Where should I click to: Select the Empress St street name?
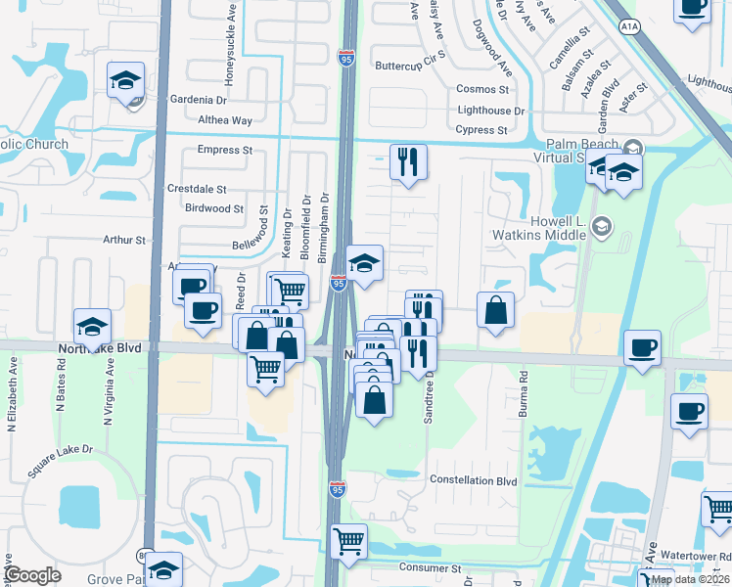(x=224, y=151)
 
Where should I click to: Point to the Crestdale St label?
(x=197, y=189)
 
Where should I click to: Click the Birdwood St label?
(x=214, y=208)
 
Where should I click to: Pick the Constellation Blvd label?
(x=474, y=480)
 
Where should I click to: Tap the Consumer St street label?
(x=430, y=567)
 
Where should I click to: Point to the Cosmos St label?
(x=482, y=89)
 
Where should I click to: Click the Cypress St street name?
(x=481, y=130)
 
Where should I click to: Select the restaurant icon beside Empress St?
(x=408, y=160)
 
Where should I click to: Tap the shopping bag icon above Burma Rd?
(x=496, y=310)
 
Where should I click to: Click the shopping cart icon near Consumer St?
(x=349, y=540)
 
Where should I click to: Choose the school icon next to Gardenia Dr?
(x=125, y=80)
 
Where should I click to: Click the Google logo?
(x=32, y=575)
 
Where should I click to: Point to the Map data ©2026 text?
(x=690, y=579)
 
